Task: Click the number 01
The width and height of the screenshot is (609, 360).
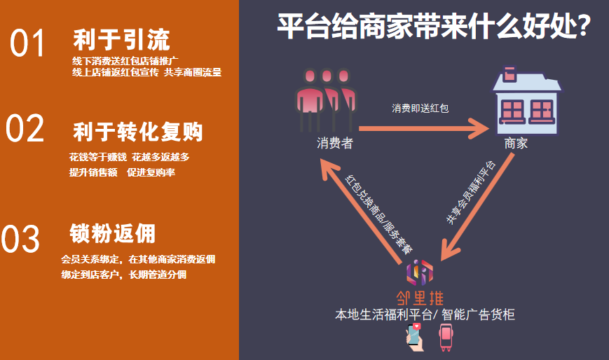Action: click(28, 43)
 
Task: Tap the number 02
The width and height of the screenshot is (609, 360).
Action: click(26, 130)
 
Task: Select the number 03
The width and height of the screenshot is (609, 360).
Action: click(21, 240)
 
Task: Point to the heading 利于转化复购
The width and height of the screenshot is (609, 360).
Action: click(138, 131)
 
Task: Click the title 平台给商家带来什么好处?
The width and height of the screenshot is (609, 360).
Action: click(434, 29)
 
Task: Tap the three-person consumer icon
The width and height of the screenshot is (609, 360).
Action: click(324, 99)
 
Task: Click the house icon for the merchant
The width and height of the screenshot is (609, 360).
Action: click(527, 99)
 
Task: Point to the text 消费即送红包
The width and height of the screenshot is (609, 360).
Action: click(420, 109)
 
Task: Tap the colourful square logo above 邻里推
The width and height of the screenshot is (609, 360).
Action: click(420, 270)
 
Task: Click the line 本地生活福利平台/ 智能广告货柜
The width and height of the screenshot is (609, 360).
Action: click(425, 315)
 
